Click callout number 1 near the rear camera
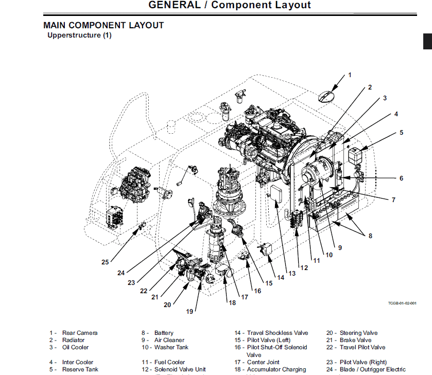(350, 75)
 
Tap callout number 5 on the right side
(401, 133)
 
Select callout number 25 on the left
(105, 262)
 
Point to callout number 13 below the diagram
(292, 274)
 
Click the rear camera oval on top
(326, 96)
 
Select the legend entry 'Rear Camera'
(79, 333)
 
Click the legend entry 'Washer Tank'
(171, 347)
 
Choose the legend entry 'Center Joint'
(263, 362)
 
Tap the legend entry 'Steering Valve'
(358, 333)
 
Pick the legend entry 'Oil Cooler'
(75, 347)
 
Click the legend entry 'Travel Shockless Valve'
(277, 333)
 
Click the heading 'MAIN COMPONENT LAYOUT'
(103, 25)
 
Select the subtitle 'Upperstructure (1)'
(79, 35)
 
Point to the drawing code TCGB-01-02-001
(402, 303)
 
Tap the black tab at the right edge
(427, 42)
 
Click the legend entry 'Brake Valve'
(355, 340)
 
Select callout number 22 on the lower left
(144, 291)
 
